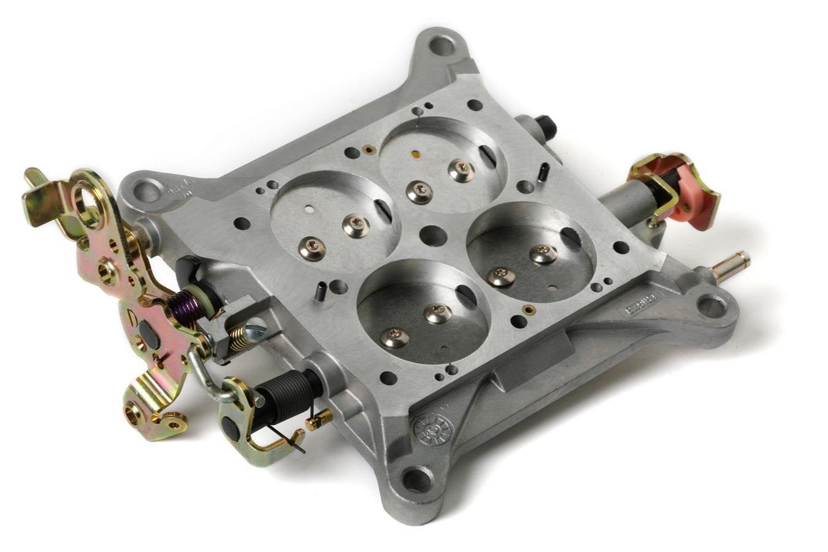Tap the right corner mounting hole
711,305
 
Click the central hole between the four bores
434,236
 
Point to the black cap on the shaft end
546,128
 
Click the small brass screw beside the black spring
319,420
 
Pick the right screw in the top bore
461,170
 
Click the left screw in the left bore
312,249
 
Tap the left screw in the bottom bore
394,337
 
